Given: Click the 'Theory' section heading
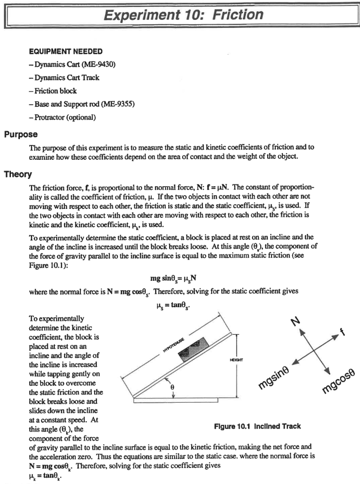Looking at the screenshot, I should (18, 174).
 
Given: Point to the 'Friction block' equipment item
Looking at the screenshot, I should (54, 91).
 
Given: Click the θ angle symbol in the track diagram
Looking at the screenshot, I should (173, 386).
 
